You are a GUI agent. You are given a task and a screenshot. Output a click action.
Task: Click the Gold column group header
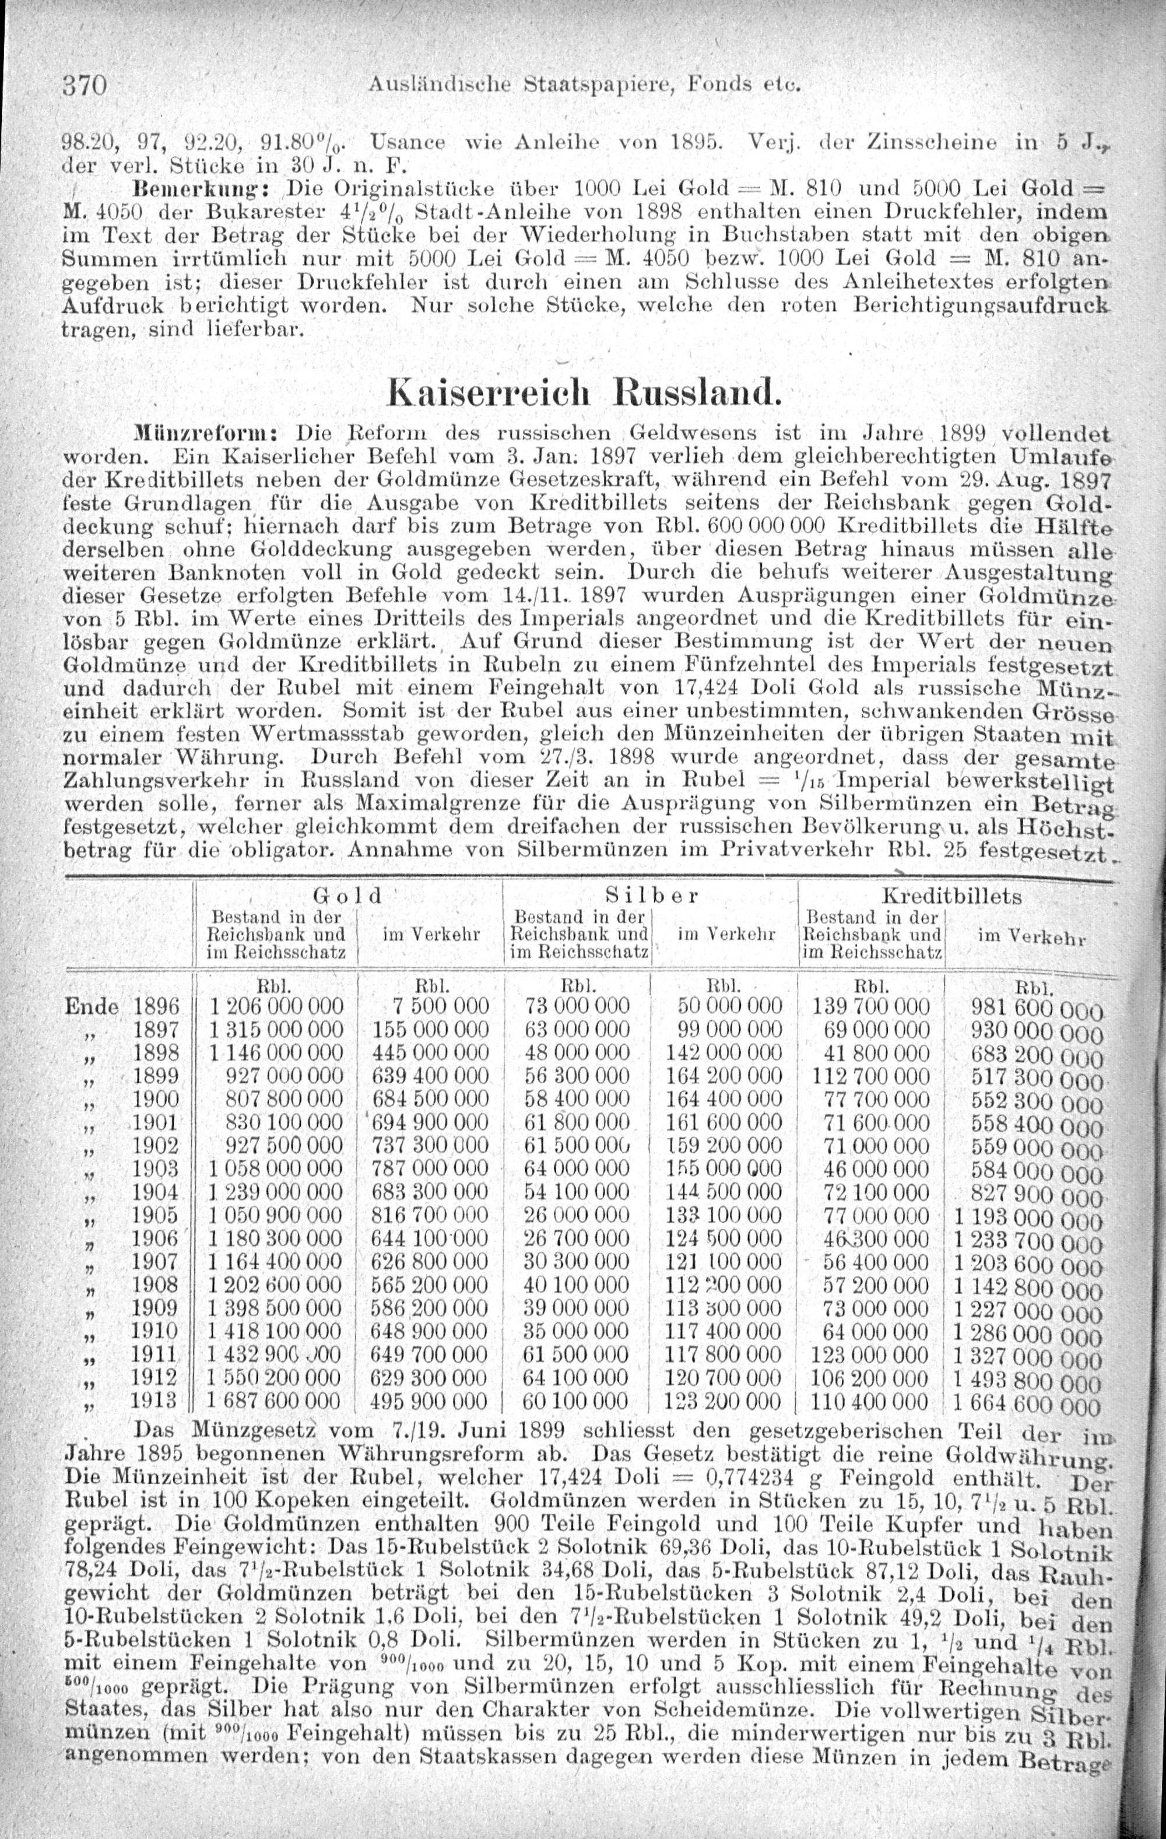pyautogui.click(x=347, y=894)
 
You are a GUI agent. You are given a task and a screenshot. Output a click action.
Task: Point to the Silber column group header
pyautogui.click(x=651, y=894)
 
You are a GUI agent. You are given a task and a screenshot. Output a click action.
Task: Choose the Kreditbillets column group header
pyautogui.click(x=951, y=895)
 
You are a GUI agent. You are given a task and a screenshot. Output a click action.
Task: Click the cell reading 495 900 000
pyautogui.click(x=429, y=1401)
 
